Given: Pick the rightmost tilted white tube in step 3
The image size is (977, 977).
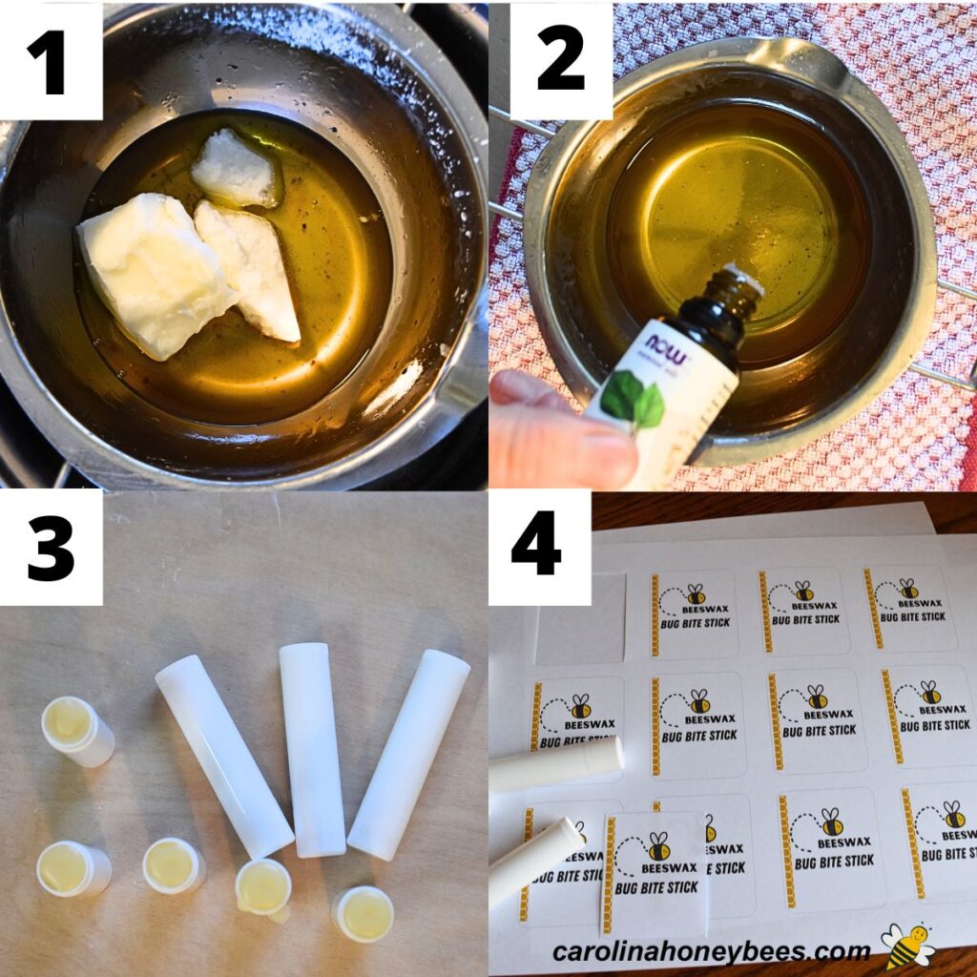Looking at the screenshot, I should [408, 755].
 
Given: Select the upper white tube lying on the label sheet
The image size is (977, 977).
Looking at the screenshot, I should [557, 763].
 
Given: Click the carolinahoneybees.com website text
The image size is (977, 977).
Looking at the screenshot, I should [711, 951].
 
